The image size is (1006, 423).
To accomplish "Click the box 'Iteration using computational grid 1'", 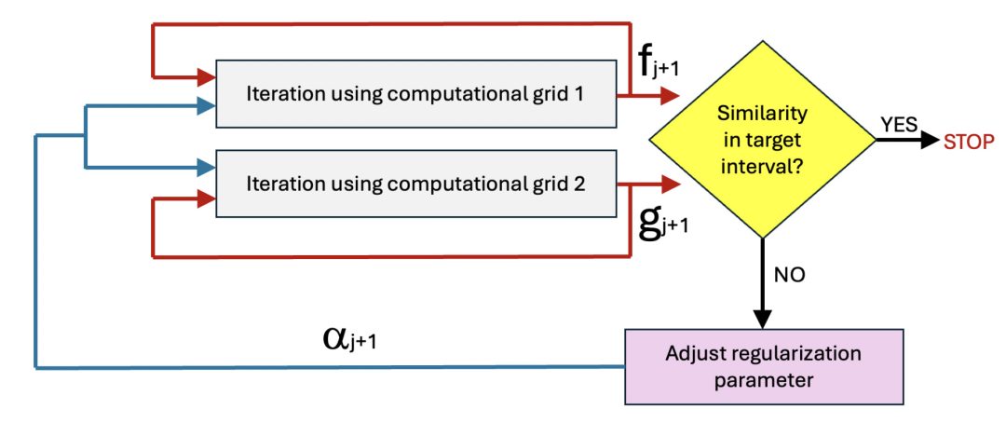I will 415,94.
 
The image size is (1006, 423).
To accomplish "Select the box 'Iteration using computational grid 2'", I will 415,184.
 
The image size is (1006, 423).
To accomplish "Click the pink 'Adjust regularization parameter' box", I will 764,367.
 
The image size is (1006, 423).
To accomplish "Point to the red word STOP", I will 970,142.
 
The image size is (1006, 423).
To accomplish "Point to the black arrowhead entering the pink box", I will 764,319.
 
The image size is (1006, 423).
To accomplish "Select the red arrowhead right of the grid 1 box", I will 672,95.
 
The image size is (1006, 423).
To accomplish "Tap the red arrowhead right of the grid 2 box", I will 672,184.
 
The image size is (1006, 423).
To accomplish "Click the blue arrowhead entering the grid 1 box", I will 206,107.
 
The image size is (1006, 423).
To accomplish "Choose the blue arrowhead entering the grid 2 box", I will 206,168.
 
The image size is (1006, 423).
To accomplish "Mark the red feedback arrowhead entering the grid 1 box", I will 206,76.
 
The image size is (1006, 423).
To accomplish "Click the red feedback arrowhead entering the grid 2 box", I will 206,198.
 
